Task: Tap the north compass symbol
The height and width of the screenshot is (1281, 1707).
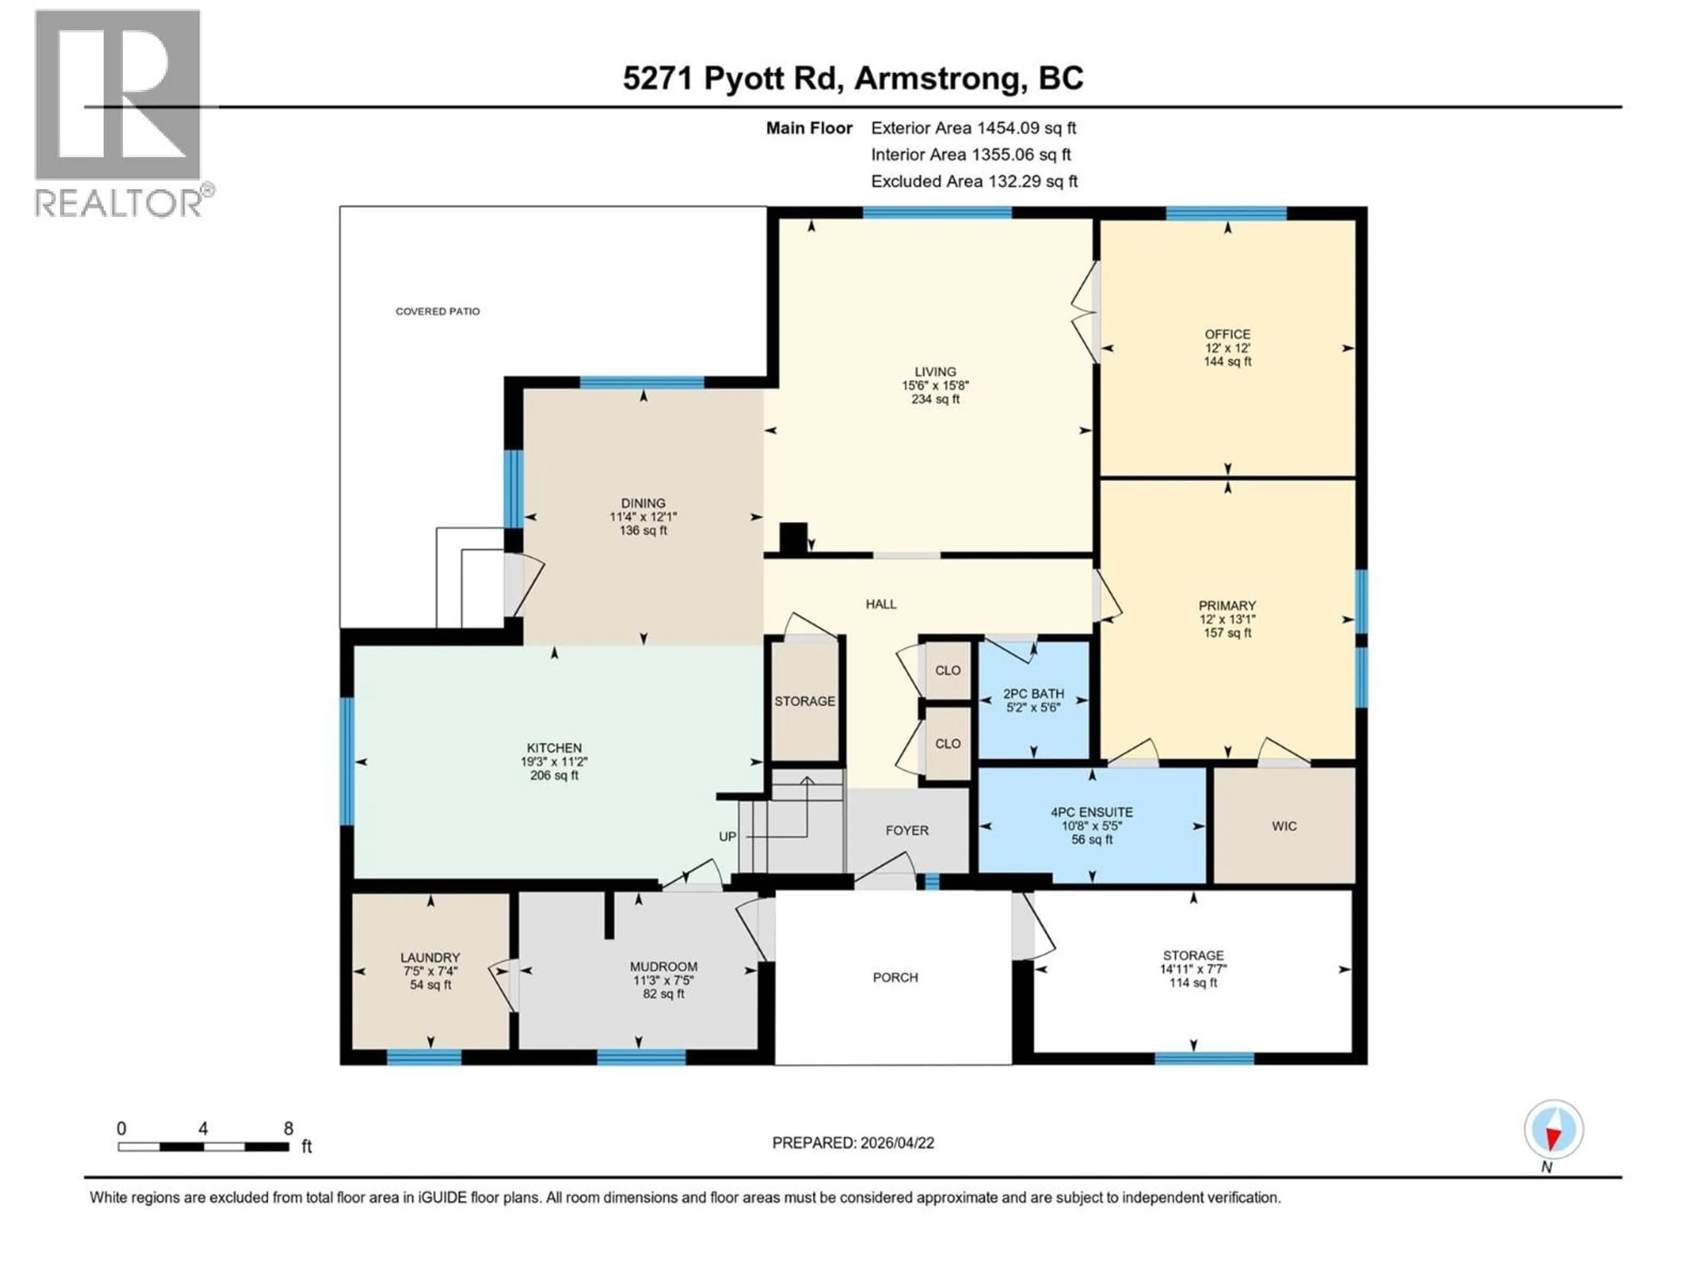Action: (1554, 1130)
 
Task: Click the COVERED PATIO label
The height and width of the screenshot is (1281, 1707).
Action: (437, 311)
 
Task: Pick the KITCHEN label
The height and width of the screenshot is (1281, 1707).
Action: (554, 747)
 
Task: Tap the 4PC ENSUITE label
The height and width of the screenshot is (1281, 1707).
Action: (1091, 812)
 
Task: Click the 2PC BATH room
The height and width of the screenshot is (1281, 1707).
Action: (1033, 700)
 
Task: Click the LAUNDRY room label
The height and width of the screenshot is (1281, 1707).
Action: (430, 958)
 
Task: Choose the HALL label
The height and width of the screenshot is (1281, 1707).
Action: (881, 604)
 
